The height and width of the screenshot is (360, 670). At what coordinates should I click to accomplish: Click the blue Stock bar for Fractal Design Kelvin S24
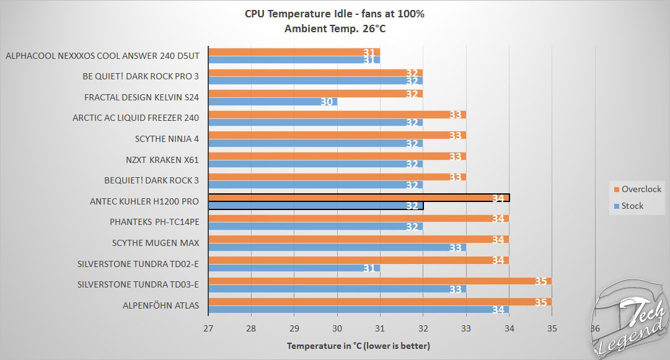point(273,102)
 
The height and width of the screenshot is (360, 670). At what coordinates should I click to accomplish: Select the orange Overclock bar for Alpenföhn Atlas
point(379,302)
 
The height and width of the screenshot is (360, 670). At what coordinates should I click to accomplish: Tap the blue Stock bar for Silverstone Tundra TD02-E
point(294,268)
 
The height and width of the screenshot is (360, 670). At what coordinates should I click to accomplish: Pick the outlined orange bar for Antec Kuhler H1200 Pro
point(358,198)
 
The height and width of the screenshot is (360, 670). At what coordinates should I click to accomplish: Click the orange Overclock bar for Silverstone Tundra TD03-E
point(379,281)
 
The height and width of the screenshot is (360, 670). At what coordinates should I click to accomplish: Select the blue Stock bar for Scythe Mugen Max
point(337,247)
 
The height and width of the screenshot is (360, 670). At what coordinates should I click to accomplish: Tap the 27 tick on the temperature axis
point(208,328)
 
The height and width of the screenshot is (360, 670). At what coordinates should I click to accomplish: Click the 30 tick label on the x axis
point(337,328)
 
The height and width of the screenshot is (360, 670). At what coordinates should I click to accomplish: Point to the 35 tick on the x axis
point(552,328)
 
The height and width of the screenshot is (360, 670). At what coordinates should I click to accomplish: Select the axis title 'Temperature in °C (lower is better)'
point(358,345)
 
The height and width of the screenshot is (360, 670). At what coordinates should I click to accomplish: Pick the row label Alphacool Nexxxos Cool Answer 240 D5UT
point(106,55)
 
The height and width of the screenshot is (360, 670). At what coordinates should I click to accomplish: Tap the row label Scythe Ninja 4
point(170,139)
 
